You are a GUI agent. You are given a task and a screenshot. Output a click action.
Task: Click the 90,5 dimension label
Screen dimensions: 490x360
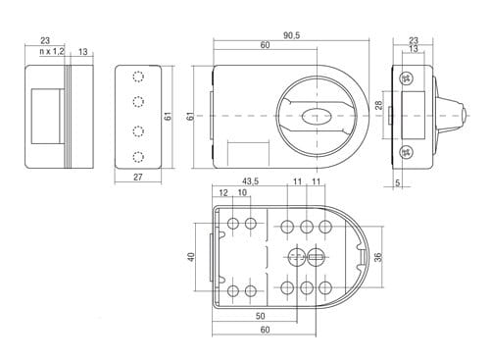tap(291, 35)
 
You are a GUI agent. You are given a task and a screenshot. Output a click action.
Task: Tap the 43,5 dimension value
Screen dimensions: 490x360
tap(250, 180)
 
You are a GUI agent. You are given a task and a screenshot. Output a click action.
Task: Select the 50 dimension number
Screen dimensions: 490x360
tap(260, 316)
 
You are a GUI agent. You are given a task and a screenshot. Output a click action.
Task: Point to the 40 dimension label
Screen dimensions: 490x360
tap(191, 257)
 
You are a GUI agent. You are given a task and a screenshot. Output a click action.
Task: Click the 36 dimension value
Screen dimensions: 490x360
tap(378, 257)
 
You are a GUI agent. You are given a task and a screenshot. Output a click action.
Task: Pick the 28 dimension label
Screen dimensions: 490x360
tap(378, 105)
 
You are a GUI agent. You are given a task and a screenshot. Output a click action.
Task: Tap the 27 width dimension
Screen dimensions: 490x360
tap(138, 177)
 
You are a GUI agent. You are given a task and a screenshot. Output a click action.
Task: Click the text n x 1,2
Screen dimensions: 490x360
tap(52, 51)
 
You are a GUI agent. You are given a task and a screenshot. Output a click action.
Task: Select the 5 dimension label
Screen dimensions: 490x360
tap(397, 182)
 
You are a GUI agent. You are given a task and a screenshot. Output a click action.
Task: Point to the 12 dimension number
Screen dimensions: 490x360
tap(223, 192)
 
